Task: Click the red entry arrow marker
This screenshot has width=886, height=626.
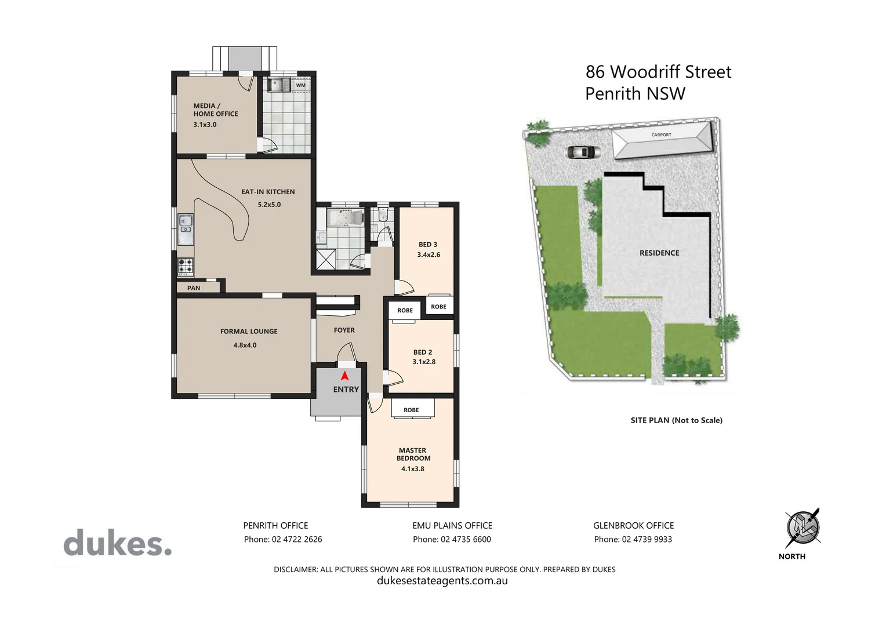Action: coord(344,376)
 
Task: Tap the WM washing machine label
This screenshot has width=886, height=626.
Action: coord(300,85)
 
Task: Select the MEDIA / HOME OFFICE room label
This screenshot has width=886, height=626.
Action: coord(215,110)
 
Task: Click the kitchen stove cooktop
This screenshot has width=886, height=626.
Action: coord(186,266)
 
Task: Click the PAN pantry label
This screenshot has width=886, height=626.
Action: coord(194,288)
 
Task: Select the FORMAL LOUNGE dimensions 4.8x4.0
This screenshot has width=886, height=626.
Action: coord(245,345)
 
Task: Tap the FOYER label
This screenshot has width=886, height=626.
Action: coord(344,330)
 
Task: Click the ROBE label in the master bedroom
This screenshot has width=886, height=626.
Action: coord(411,410)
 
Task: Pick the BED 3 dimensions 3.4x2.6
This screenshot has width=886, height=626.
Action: coord(429,255)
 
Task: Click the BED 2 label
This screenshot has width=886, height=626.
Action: coord(423,352)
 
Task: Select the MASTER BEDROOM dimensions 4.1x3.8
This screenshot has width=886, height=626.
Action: coord(412,469)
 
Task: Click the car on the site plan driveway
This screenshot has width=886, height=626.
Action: coord(580,152)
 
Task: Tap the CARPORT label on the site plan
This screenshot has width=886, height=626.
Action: coord(661,135)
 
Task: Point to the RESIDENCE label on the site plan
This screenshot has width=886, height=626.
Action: coord(659,253)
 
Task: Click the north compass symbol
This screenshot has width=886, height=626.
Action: coord(803,528)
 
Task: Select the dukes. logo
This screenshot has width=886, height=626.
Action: coord(118,543)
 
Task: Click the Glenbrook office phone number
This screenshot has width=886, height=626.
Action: coord(633,540)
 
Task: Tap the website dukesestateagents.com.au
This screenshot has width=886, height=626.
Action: coord(442,581)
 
